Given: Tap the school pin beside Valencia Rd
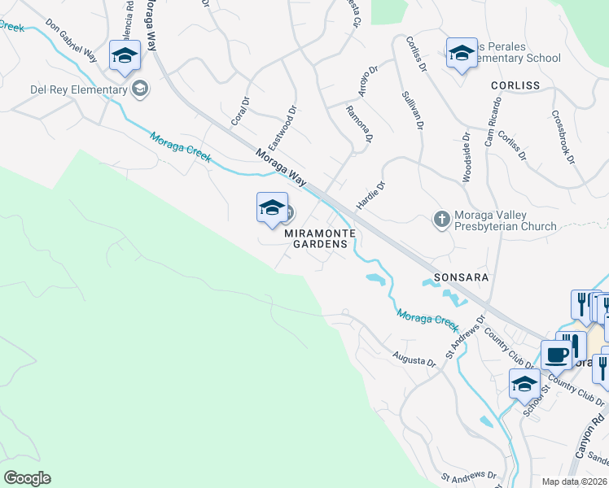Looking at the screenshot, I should [x=125, y=56].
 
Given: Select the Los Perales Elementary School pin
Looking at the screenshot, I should [x=462, y=54].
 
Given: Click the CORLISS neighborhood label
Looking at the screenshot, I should [x=515, y=85].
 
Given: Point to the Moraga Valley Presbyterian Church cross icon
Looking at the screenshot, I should [x=441, y=219].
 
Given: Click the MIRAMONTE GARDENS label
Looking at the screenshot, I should [x=321, y=238].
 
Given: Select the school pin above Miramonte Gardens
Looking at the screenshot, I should [x=272, y=208].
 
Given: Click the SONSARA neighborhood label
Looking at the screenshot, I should [x=461, y=277].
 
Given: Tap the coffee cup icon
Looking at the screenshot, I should [x=558, y=355].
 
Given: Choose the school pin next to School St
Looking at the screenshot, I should [x=525, y=383].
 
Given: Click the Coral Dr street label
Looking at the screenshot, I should [x=240, y=111].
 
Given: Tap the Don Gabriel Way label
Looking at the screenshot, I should [x=71, y=40].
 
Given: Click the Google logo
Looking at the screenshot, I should [x=27, y=478].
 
